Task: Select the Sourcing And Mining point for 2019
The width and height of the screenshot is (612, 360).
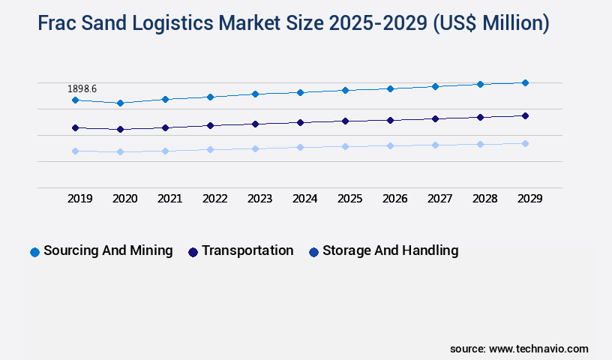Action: pos(75,100)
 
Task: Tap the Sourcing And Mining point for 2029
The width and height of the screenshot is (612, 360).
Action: pos(525,82)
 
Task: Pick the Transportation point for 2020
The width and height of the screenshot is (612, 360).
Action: pos(120,130)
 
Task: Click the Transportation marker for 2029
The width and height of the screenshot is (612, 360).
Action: pos(525,115)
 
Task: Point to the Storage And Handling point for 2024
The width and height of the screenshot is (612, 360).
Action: pos(300,147)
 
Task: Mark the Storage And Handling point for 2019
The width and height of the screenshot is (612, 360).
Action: pos(75,151)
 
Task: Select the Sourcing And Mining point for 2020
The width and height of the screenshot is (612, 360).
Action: pos(120,103)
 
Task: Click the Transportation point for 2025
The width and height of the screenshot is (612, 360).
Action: pos(345,121)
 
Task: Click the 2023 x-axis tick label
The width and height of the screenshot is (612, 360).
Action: pos(260,199)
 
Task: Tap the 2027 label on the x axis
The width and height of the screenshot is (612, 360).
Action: pos(440,199)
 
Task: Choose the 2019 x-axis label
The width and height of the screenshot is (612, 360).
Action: pos(80,199)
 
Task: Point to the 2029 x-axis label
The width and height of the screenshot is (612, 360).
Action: pos(530,199)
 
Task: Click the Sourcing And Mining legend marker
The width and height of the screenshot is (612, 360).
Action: pos(34,252)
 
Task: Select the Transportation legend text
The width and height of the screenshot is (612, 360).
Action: pos(247,250)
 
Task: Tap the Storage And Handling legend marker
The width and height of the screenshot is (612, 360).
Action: pos(313,252)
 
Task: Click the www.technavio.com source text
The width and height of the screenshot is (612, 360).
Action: pos(538,349)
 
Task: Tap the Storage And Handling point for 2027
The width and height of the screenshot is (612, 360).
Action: pos(435,145)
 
